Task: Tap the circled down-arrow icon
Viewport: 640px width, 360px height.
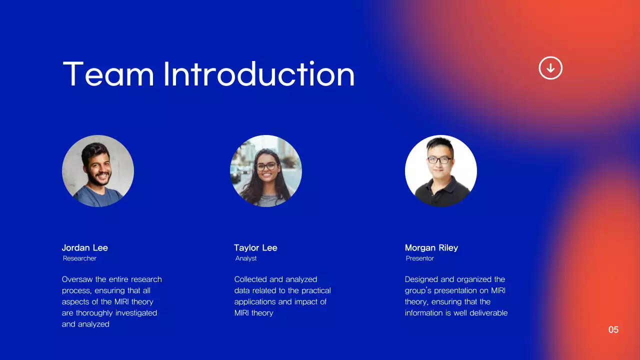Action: [550, 67]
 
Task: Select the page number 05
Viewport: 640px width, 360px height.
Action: [613, 329]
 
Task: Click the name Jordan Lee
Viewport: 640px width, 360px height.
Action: [84, 247]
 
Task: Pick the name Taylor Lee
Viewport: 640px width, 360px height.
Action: [255, 247]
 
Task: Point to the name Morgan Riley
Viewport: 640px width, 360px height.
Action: [431, 247]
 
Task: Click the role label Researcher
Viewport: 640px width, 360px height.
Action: [79, 258]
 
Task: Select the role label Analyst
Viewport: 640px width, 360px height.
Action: [246, 258]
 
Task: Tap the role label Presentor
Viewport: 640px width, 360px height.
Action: [419, 258]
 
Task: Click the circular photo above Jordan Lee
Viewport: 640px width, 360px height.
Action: [98, 171]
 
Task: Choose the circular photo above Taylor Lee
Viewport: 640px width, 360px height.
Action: [266, 171]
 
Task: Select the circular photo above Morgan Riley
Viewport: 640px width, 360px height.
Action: [441, 171]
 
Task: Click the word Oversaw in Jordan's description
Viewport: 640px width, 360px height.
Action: [77, 279]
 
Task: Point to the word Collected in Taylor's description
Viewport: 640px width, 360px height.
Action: [250, 279]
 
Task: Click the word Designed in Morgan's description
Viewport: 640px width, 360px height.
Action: [421, 279]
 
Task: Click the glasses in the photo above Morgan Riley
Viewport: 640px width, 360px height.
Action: [440, 160]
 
